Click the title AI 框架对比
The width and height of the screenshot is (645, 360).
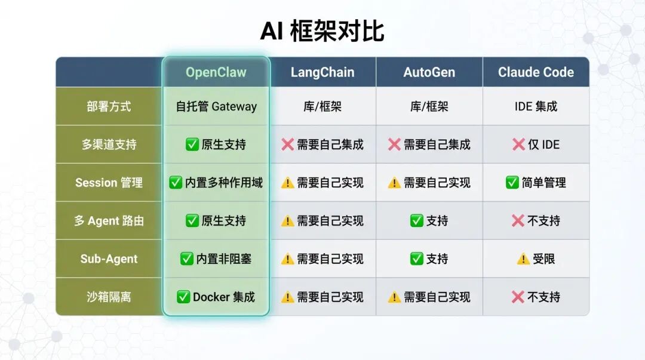coord(322,31)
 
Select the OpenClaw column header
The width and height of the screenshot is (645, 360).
coord(216,72)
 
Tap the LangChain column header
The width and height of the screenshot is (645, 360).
coord(322,72)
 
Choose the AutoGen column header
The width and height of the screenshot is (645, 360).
coord(429,72)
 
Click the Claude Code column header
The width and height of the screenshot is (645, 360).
coord(536,72)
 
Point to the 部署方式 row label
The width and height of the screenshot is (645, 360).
coord(109,106)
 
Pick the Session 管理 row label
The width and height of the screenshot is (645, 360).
coord(109,183)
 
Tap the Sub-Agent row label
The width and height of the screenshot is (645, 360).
coord(109,259)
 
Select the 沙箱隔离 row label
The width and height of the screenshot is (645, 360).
coord(109,297)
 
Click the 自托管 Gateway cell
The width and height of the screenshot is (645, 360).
coord(216,106)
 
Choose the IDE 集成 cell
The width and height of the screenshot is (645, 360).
coord(536,106)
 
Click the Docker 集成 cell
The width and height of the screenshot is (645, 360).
coord(216,297)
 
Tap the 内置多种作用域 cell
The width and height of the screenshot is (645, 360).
coord(216,183)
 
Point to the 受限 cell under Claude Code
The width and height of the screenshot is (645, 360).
coord(536,259)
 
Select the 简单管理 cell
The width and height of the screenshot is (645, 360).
coord(536,183)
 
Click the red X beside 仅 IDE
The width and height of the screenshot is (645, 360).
coord(518,144)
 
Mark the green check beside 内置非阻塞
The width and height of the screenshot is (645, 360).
coord(186,259)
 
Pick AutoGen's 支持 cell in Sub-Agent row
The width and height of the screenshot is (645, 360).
coord(429,259)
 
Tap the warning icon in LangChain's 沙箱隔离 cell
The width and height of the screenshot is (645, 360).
coord(288,297)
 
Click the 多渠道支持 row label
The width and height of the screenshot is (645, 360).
coord(109,144)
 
